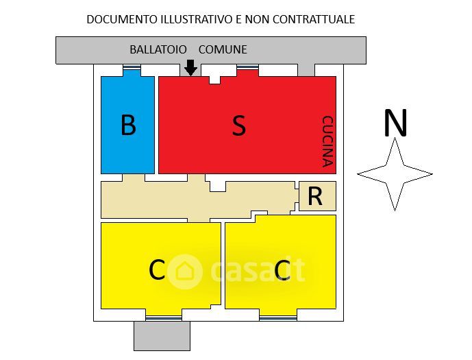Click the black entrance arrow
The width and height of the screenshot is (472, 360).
click(x=191, y=67)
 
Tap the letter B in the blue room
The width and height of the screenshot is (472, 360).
click(x=128, y=125)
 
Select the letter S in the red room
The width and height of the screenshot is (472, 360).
click(x=238, y=125)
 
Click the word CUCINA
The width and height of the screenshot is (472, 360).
click(x=327, y=141)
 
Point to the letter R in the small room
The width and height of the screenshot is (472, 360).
click(x=315, y=197)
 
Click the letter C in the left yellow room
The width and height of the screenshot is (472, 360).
click(x=157, y=271)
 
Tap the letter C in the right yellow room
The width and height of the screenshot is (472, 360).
click(x=282, y=271)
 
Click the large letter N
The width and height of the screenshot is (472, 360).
click(x=395, y=123)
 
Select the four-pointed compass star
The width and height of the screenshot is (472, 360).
click(x=395, y=174)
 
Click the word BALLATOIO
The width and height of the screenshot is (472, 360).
click(x=158, y=50)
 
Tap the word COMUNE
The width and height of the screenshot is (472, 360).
click(x=223, y=50)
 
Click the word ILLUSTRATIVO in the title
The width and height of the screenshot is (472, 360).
click(x=197, y=19)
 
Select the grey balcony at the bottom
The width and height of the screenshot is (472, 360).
click(x=162, y=336)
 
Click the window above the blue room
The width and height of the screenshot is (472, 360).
click(x=132, y=69)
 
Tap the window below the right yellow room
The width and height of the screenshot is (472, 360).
click(x=277, y=317)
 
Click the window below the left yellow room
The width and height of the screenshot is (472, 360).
click(x=164, y=317)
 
